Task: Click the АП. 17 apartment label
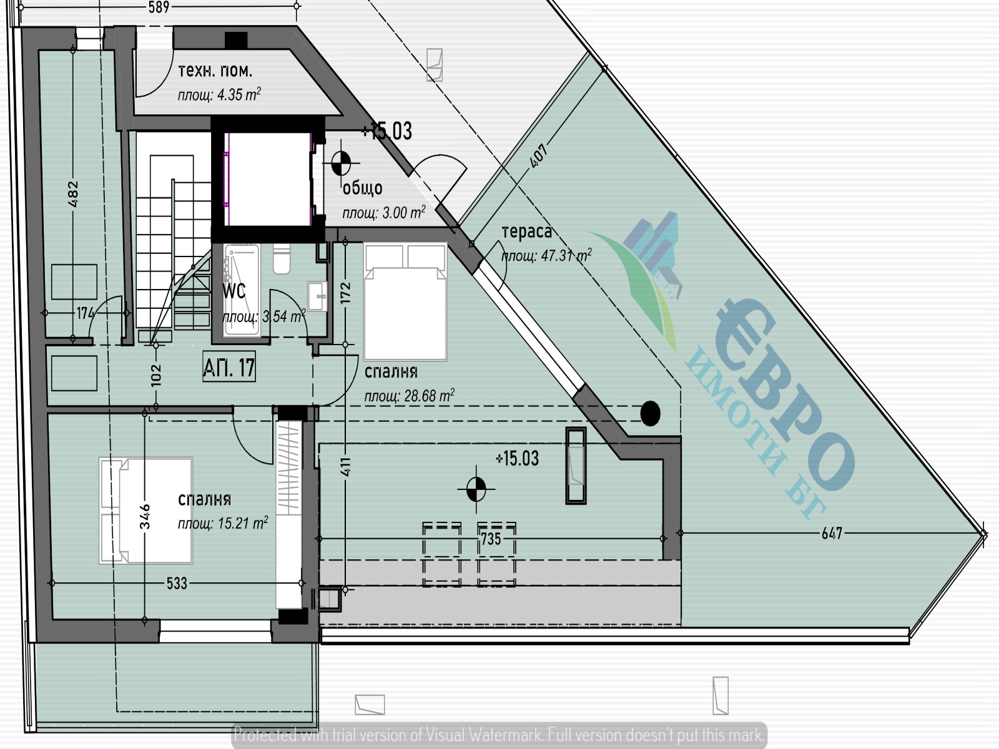pyautogui.click(x=229, y=366)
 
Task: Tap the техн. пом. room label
pyautogui.click(x=215, y=71)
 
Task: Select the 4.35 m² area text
pyautogui.click(x=219, y=95)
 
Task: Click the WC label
pyautogui.click(x=234, y=291)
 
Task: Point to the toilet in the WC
pyautogui.click(x=282, y=258)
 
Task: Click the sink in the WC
pyautogui.click(x=317, y=296)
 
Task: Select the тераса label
pyautogui.click(x=526, y=232)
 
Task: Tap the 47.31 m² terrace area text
pyautogui.click(x=546, y=256)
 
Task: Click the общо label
pyautogui.click(x=362, y=188)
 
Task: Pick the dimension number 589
pyautogui.click(x=159, y=7)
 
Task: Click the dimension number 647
pyautogui.click(x=832, y=533)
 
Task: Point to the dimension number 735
pyautogui.click(x=491, y=539)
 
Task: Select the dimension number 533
pyautogui.click(x=177, y=583)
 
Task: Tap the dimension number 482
pyautogui.click(x=73, y=193)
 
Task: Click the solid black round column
pyautogui.click(x=650, y=413)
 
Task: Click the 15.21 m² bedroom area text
pyautogui.click(x=222, y=524)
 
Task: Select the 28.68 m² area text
pyautogui.click(x=409, y=396)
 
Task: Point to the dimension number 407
pyautogui.click(x=538, y=156)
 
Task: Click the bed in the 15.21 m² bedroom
pyautogui.click(x=145, y=511)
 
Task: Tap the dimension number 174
pyautogui.click(x=85, y=313)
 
